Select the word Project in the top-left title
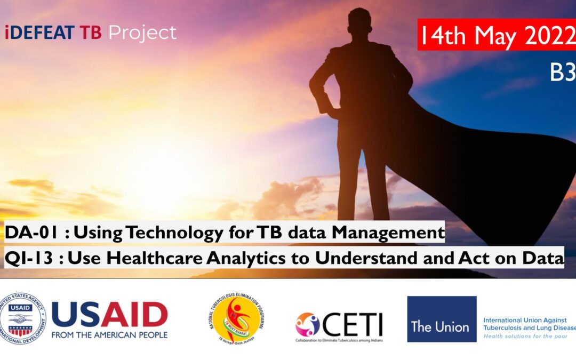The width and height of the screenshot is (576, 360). click(x=142, y=33)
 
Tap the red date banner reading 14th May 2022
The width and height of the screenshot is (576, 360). click(x=497, y=35)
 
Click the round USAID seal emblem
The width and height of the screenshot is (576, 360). click(x=23, y=319)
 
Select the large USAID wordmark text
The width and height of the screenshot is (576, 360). click(x=109, y=314)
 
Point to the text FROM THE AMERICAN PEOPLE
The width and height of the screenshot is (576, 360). click(x=109, y=335)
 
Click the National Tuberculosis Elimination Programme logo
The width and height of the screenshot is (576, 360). click(x=236, y=319)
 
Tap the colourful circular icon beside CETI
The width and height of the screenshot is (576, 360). click(x=308, y=324)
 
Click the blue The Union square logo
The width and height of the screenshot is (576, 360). click(x=442, y=319)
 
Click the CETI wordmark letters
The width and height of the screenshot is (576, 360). click(x=353, y=323)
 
